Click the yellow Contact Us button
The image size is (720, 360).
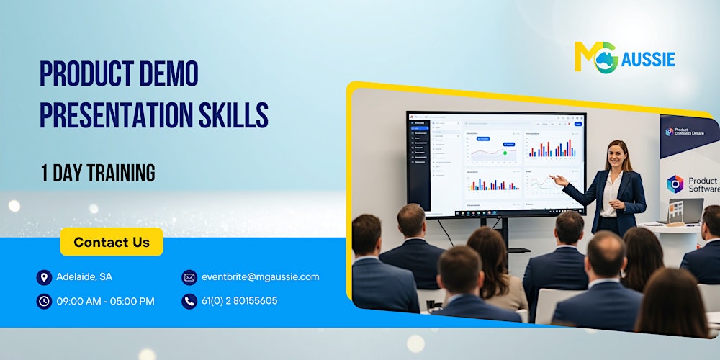(x=112, y=242)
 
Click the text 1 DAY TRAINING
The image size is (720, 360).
(x=97, y=173)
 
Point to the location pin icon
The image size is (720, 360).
(x=44, y=277)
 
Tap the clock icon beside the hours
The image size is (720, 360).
(x=44, y=301)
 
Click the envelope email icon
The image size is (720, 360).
(x=189, y=277)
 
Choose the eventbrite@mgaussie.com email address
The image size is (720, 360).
(x=260, y=277)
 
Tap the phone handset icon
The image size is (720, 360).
(x=189, y=301)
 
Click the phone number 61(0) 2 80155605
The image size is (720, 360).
(x=239, y=301)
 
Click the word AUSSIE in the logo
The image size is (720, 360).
(x=649, y=59)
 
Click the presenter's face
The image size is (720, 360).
(x=616, y=156)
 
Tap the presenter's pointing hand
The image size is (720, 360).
(x=556, y=179)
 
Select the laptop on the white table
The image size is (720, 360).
(x=684, y=211)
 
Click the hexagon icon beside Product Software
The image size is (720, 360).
(x=675, y=184)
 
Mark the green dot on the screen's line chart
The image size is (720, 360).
(x=505, y=153)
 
